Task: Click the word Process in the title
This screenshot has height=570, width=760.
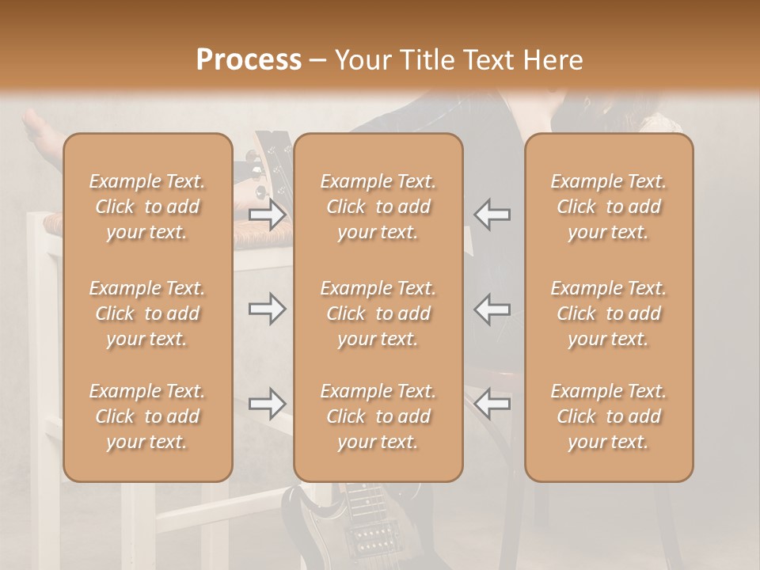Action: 249,60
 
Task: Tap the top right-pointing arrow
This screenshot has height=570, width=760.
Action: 267,215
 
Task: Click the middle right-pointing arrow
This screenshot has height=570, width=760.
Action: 267,309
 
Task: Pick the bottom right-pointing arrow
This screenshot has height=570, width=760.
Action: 267,404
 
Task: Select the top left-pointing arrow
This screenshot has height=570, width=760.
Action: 492,215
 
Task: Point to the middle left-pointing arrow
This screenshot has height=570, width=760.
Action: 492,309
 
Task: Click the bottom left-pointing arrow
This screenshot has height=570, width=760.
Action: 492,404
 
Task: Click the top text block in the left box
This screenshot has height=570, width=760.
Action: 147,207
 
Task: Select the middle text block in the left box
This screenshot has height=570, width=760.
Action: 147,313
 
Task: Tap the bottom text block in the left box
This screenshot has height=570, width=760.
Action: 147,416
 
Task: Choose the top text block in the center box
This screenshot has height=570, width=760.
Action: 378,207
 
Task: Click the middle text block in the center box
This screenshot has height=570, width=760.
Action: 378,313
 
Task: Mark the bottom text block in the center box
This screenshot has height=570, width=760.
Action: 378,416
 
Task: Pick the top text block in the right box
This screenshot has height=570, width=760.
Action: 608,207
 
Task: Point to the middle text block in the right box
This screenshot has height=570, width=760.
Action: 608,313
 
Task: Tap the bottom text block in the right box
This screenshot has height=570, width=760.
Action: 608,416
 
